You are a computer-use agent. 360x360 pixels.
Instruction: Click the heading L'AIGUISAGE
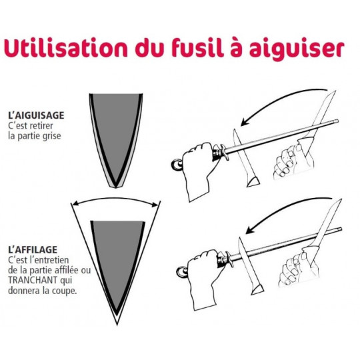pos(36,115)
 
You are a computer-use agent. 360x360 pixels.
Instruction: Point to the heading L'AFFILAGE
pos(33,250)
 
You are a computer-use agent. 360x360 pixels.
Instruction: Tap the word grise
pos(52,136)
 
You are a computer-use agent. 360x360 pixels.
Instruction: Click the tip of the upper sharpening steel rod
pos(337,121)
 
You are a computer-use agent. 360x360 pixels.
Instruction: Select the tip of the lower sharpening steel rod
pos(341,229)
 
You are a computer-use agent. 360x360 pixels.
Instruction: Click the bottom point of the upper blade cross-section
pos(116,187)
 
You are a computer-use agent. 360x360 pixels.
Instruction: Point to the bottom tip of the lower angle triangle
pos(117,324)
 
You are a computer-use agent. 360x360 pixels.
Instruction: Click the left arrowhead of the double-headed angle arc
pos(75,204)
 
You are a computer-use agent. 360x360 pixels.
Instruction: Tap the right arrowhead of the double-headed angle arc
pos(155,204)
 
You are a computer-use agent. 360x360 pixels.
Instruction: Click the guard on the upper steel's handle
pos(223,152)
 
